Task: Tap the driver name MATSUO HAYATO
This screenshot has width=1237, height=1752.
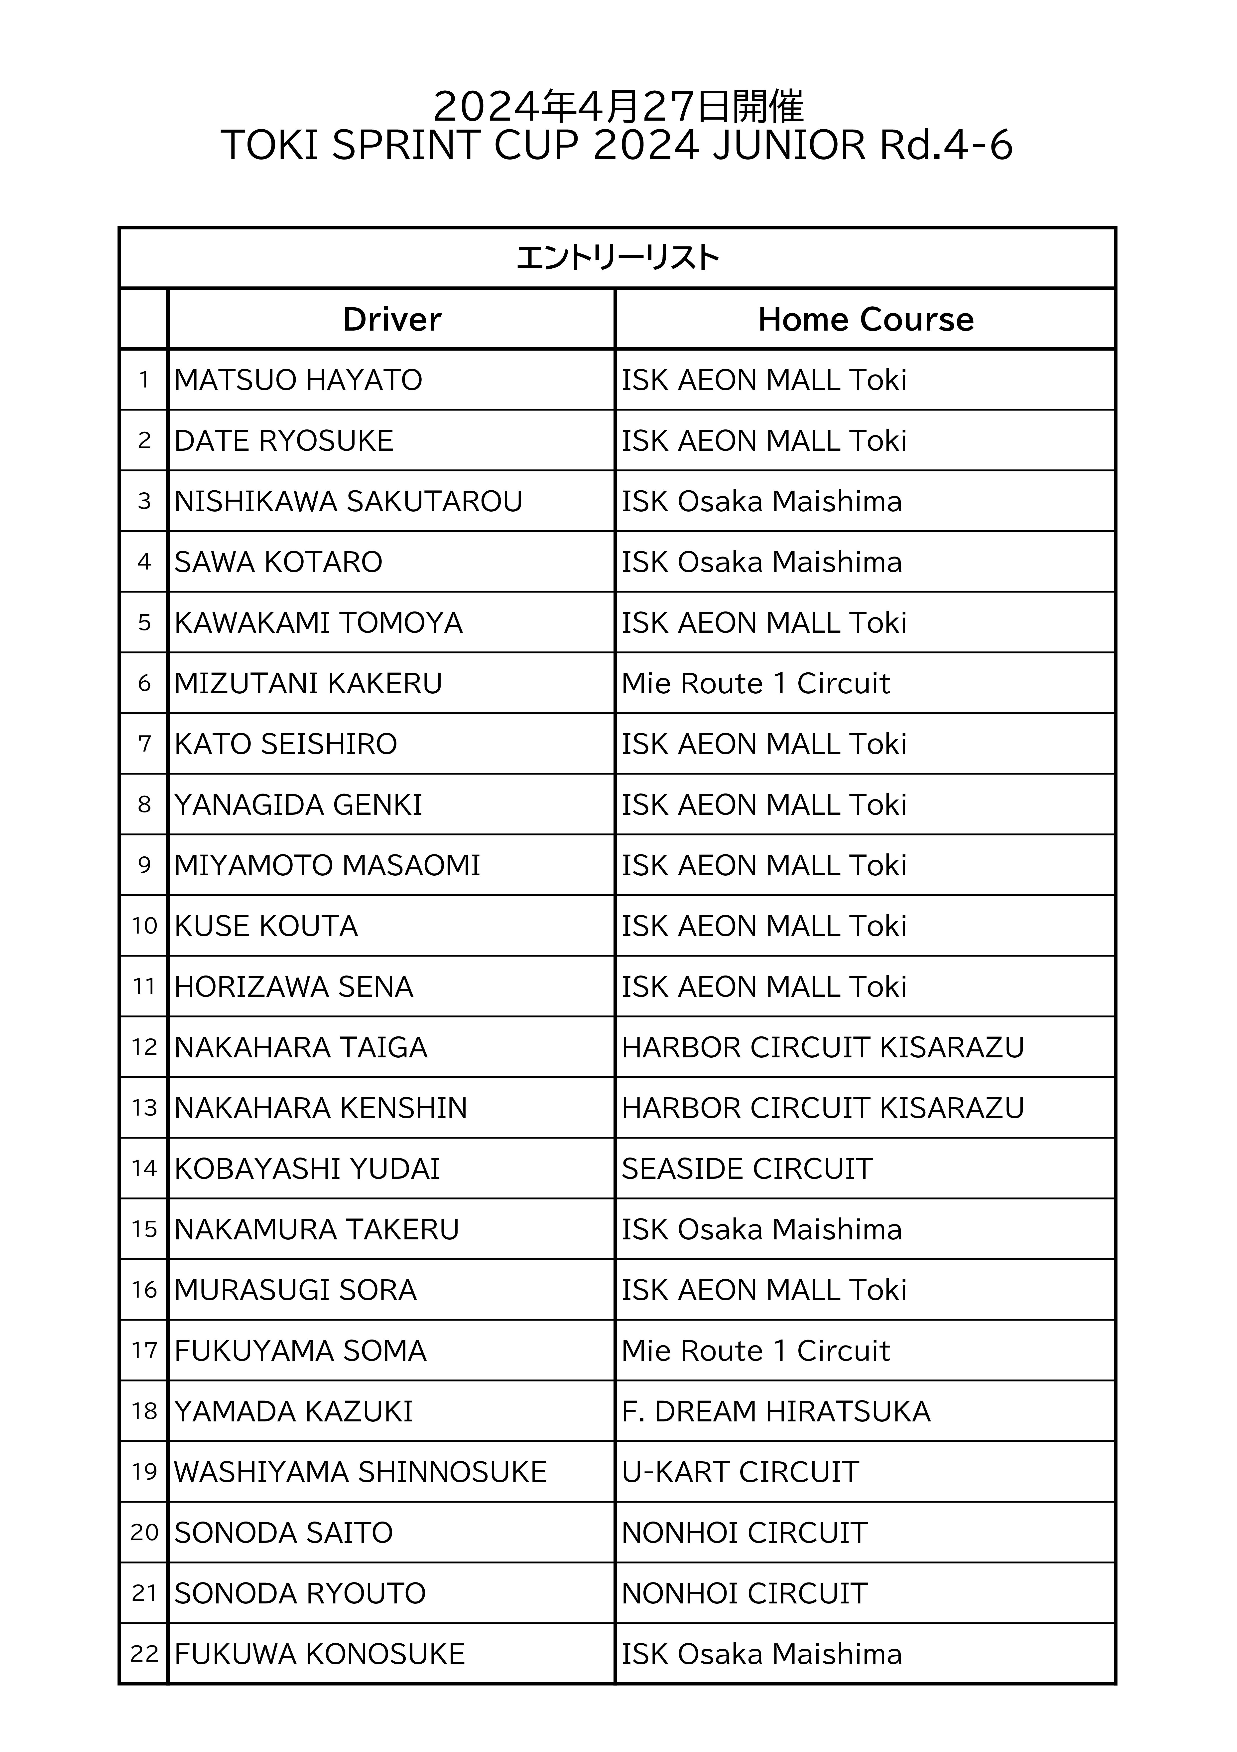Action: [298, 380]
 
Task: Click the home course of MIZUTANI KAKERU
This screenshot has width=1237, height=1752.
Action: [756, 684]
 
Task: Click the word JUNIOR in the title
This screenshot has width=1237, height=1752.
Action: [789, 145]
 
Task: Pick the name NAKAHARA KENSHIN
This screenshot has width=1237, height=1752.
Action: [320, 1108]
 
